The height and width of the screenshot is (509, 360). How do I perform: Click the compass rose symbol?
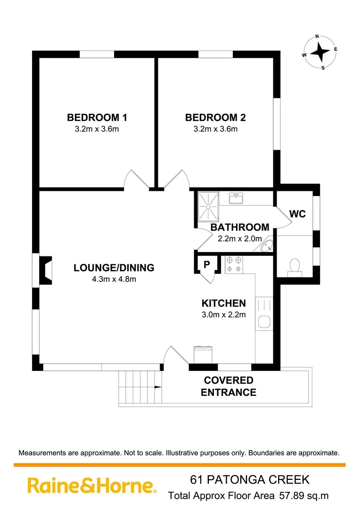(x=319, y=51)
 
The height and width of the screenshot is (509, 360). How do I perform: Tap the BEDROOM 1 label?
(x=97, y=117)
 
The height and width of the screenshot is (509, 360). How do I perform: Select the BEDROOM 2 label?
(x=215, y=117)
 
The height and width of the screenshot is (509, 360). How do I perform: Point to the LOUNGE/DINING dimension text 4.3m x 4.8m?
(x=114, y=279)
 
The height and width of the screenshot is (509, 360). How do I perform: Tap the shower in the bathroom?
(x=208, y=206)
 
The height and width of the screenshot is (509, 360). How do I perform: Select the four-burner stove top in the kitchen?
(x=234, y=264)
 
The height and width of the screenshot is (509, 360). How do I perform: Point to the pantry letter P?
(x=206, y=265)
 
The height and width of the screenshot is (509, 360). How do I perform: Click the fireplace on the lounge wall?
(x=46, y=270)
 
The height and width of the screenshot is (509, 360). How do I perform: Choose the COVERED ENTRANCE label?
(x=229, y=386)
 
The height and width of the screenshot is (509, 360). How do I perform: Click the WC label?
(x=297, y=214)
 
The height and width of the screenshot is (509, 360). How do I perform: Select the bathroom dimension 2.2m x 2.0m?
(x=239, y=238)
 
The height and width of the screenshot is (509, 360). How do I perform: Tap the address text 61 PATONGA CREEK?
(x=250, y=480)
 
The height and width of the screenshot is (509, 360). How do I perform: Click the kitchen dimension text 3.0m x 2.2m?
(x=223, y=315)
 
